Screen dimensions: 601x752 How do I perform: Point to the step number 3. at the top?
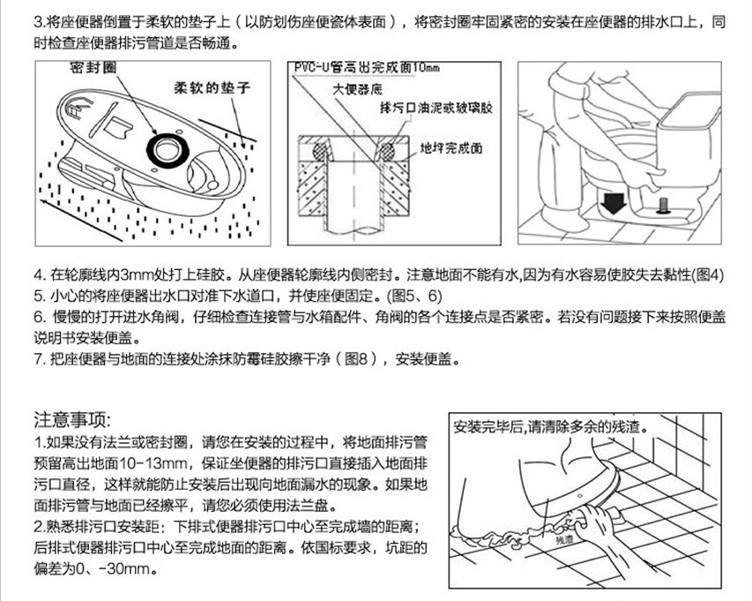pos(40,20)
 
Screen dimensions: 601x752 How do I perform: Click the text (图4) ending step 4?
pos(708,274)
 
